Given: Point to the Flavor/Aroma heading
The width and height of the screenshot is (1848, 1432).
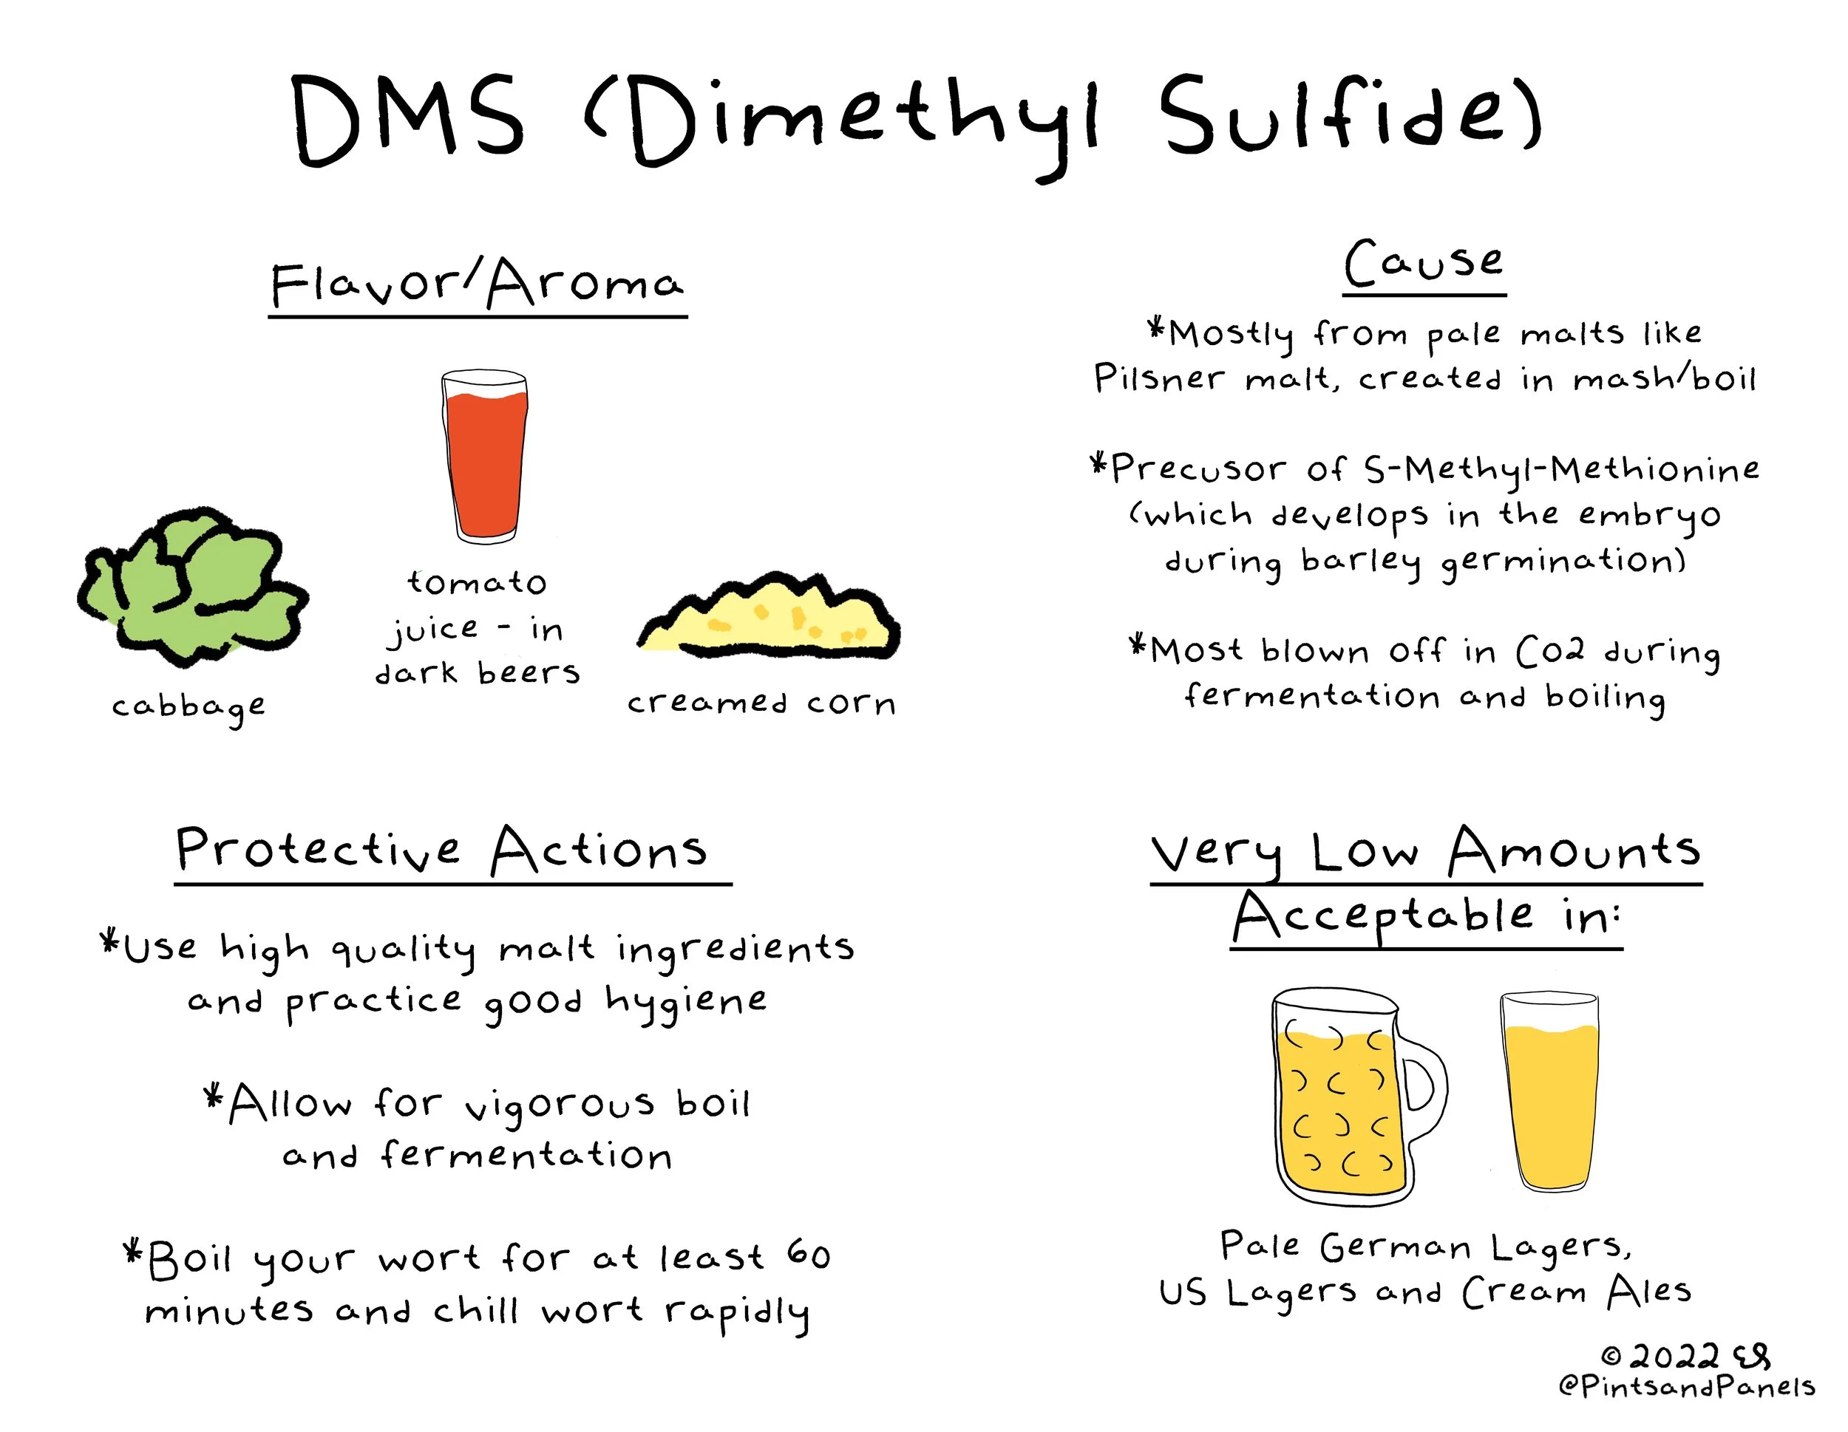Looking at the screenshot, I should pyautogui.click(x=476, y=283).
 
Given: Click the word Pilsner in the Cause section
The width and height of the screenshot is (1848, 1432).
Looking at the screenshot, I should pyautogui.click(x=1159, y=378).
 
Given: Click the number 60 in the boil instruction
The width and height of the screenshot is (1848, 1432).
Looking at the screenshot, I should pyautogui.click(x=808, y=1255).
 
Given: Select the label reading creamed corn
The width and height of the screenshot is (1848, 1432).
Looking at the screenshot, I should pyautogui.click(x=761, y=703).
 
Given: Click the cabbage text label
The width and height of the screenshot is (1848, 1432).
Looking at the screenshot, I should pyautogui.click(x=188, y=707).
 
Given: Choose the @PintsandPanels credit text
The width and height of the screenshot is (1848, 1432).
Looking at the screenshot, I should pyautogui.click(x=1685, y=1387).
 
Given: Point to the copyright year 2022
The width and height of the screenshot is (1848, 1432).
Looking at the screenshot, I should pyautogui.click(x=1673, y=1357).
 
